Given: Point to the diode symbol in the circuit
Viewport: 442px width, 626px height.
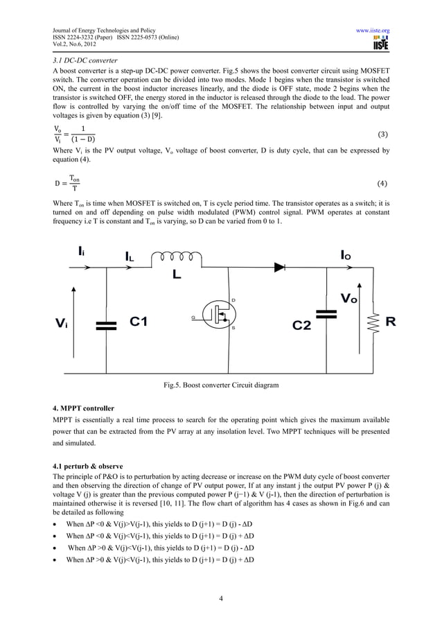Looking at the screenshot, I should (x=279, y=265).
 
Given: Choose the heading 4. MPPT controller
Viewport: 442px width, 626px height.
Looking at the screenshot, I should (x=84, y=408).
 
